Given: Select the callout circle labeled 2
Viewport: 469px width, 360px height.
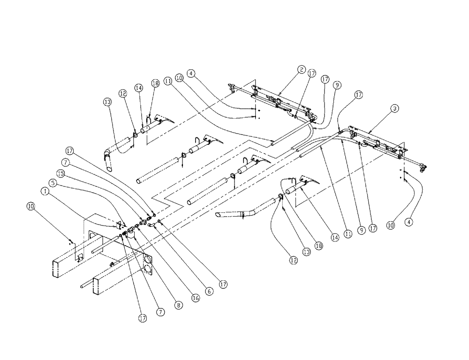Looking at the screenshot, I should pos(301,69).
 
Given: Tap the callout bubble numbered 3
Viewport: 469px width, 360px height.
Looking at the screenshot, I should pos(395,108).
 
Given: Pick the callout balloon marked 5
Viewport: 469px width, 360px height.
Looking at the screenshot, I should pos(54,183).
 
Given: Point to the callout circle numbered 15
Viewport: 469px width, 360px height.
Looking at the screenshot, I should pos(60,172).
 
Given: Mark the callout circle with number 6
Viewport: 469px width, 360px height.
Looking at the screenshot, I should pos(209,291).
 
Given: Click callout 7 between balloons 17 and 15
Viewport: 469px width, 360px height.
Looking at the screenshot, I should pos(66,162).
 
